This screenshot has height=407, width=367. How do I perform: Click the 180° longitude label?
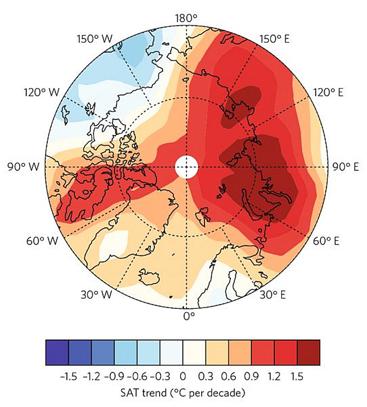[x=186, y=17]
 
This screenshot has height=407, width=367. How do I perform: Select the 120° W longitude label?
[x=41, y=93]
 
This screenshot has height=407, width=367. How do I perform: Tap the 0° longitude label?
[x=189, y=316]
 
